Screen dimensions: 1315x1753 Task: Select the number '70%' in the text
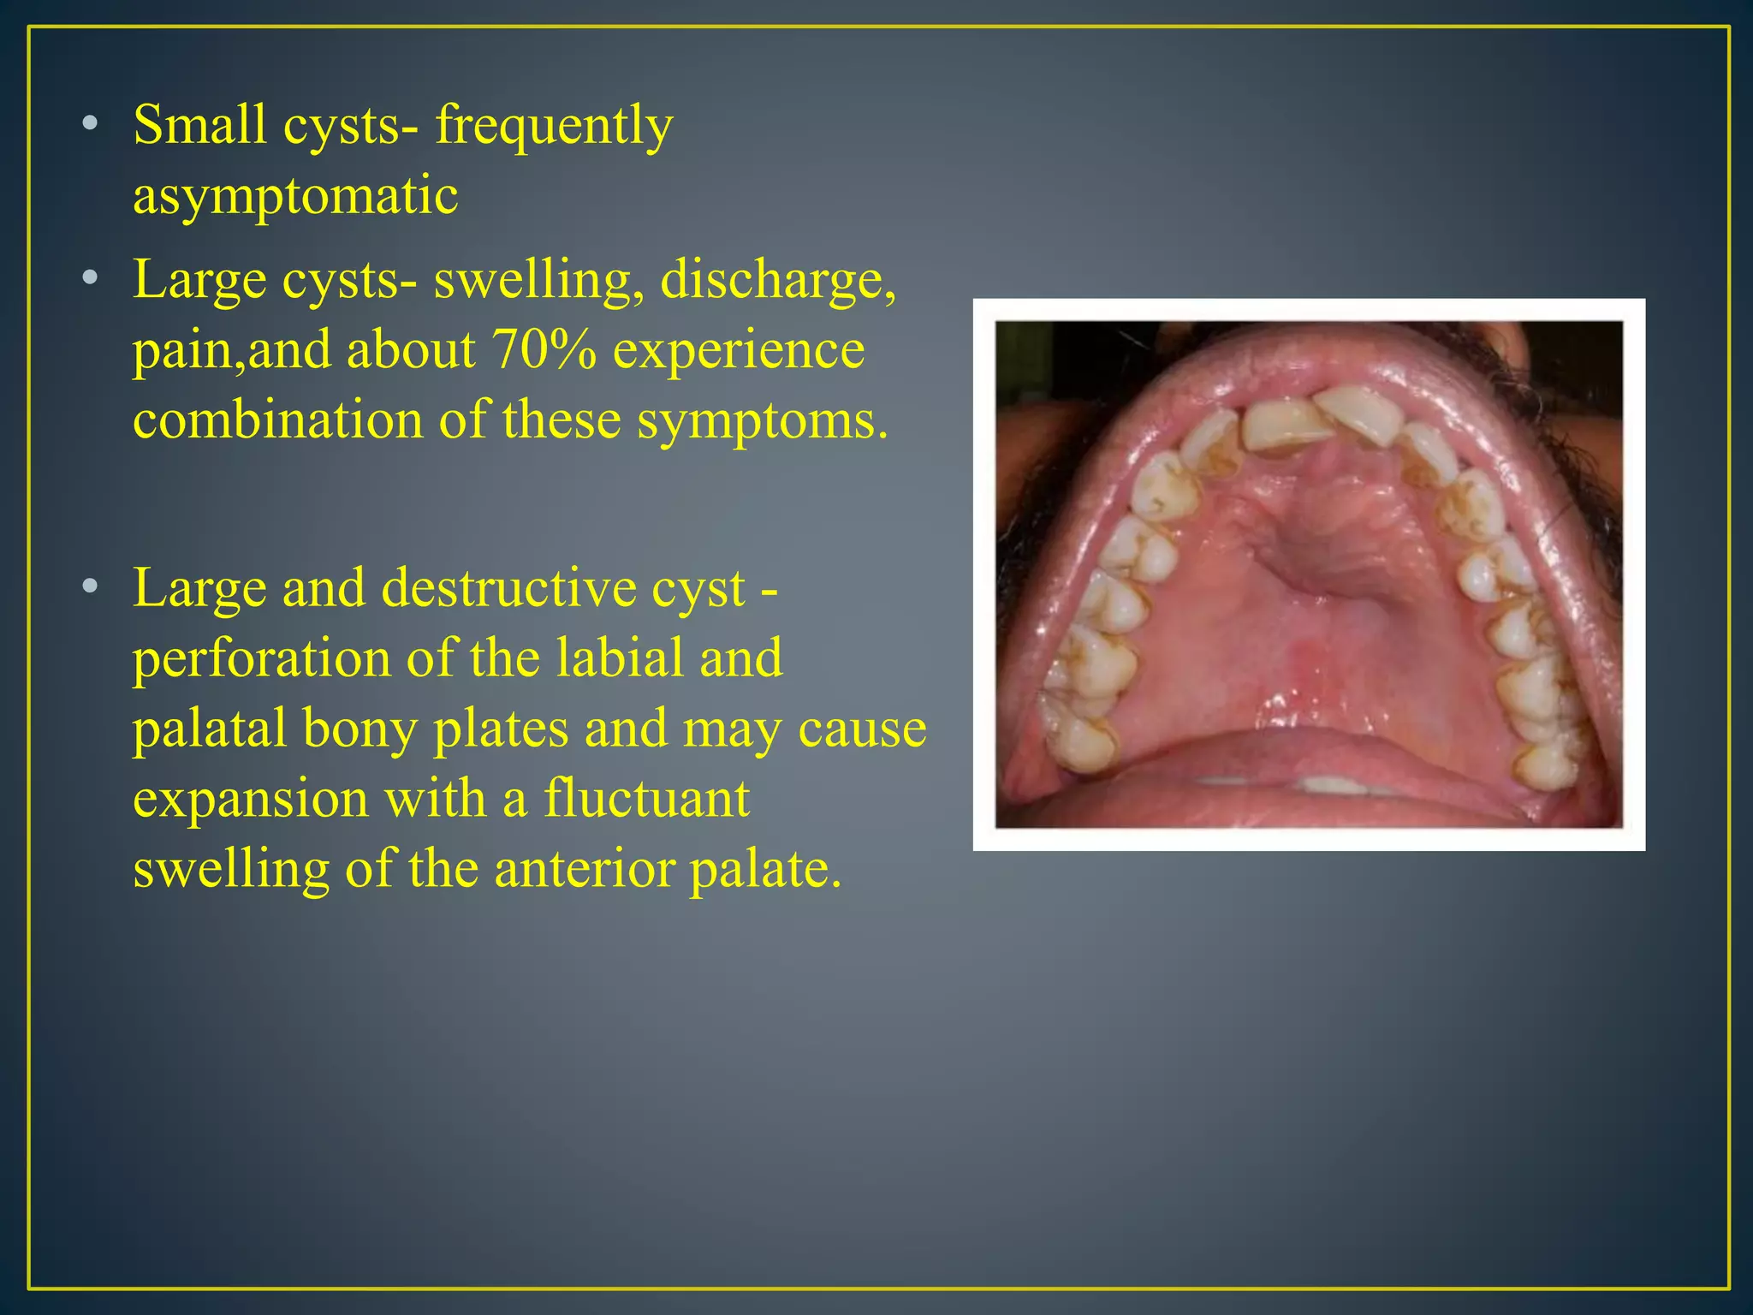[544, 350]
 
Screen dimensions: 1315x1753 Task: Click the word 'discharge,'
[778, 280]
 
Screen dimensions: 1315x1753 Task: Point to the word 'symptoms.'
[763, 422]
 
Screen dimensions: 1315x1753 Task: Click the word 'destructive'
[562, 589]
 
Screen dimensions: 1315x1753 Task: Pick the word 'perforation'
[261, 660]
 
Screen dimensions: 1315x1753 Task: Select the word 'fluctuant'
[646, 799]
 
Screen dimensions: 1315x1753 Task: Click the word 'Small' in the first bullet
[199, 125]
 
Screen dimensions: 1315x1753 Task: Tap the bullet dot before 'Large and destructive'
[90, 588]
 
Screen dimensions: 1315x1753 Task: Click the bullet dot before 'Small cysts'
[90, 126]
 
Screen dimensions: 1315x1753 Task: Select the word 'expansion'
[251, 800]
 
